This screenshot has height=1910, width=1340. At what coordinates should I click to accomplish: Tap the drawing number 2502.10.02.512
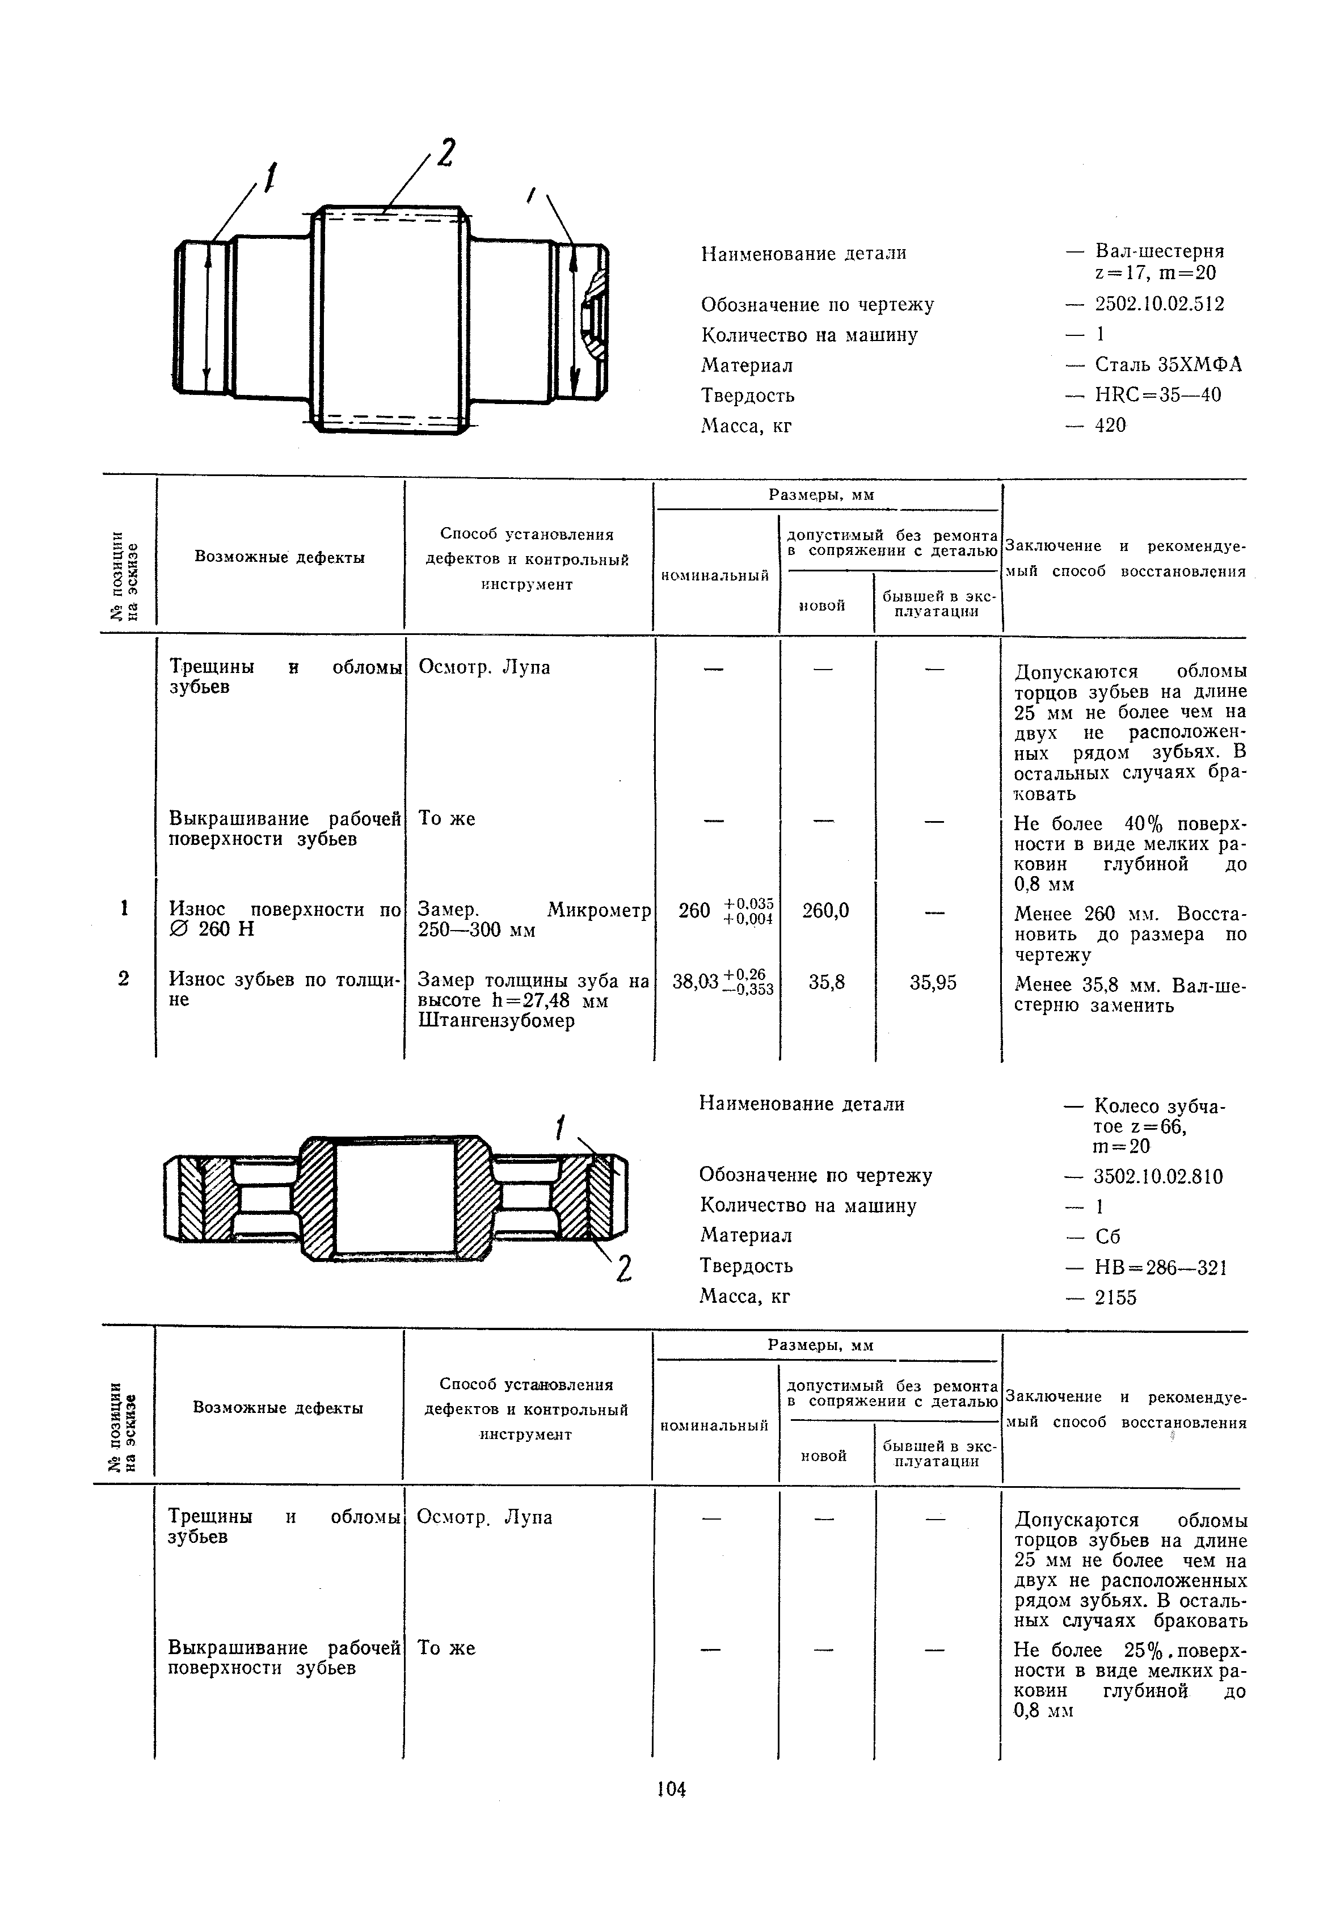(1160, 304)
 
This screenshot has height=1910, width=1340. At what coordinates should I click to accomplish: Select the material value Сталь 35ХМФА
(1168, 364)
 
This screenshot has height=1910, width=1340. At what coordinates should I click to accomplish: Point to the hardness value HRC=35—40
(1158, 394)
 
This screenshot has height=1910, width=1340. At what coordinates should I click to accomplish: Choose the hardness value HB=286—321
(1160, 1268)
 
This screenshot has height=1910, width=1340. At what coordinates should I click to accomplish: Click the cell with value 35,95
(933, 983)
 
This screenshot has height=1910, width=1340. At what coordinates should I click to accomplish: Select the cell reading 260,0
(826, 911)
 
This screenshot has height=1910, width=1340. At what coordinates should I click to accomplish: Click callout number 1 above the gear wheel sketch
(562, 1129)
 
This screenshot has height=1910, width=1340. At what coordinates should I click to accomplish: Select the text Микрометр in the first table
(599, 910)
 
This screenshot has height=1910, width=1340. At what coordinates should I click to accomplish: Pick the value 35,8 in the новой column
(827, 983)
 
